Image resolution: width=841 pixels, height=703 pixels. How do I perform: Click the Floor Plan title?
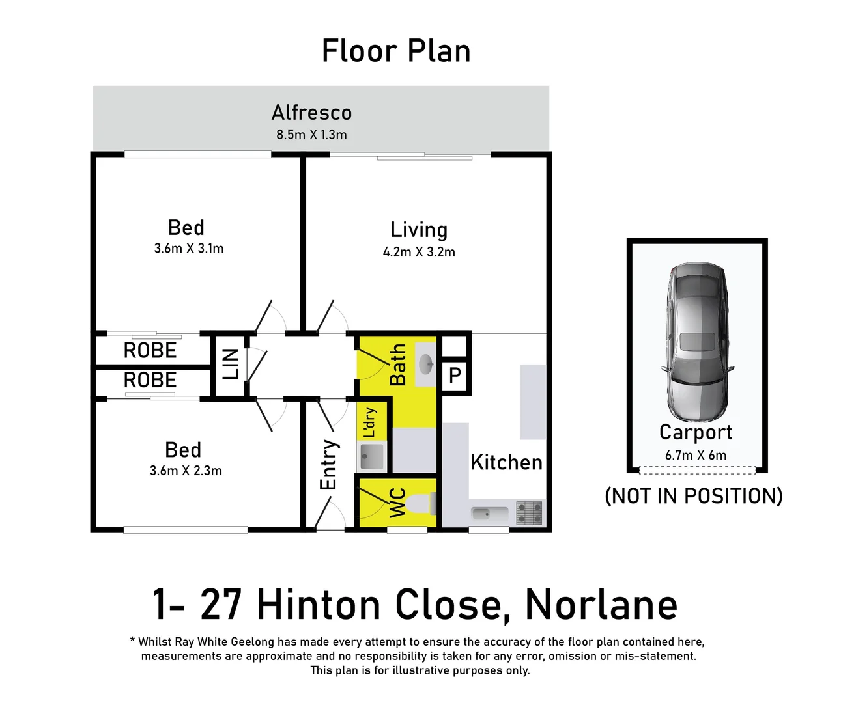click(x=396, y=51)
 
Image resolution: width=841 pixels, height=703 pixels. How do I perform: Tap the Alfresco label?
click(x=311, y=113)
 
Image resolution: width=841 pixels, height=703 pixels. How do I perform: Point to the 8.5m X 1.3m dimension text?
click(x=311, y=135)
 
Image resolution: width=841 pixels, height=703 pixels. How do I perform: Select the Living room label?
click(x=419, y=230)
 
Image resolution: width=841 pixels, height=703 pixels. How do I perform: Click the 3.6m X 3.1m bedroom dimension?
click(x=189, y=249)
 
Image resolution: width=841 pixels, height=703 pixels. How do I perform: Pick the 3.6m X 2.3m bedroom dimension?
click(x=186, y=471)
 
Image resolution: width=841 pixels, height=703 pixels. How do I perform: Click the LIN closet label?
click(x=231, y=364)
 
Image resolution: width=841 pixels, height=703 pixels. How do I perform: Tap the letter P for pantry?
click(x=455, y=376)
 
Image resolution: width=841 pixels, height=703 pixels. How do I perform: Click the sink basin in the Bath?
click(x=425, y=364)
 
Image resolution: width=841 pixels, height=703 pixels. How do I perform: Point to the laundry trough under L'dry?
click(x=372, y=456)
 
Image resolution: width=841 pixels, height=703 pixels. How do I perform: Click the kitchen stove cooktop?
click(x=529, y=512)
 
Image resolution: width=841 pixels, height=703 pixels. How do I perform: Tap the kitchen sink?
click(x=482, y=514)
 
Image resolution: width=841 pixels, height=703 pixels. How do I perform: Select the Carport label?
click(x=696, y=432)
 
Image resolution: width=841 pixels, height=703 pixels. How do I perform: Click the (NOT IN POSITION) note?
click(x=694, y=496)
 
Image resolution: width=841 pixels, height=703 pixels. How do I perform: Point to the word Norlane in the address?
click(x=601, y=605)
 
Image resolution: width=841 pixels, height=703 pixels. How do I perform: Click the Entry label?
click(x=328, y=465)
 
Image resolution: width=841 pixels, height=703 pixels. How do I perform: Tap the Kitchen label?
click(x=506, y=462)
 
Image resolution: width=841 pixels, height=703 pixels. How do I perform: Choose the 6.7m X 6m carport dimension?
click(x=696, y=455)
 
